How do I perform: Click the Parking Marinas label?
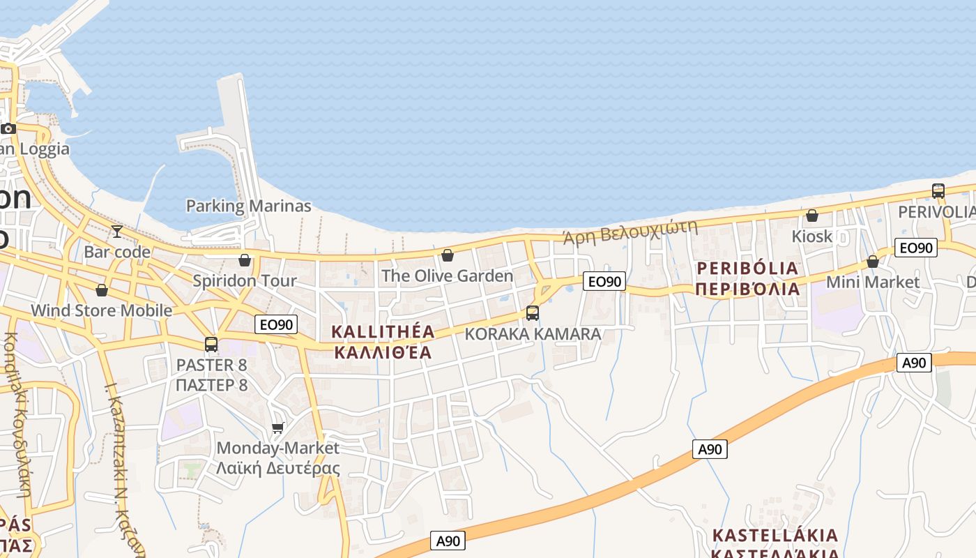pos(248,206)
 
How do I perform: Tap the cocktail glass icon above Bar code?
pos(116,231)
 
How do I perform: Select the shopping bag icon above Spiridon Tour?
pos(245,260)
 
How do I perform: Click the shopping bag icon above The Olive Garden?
pos(448,255)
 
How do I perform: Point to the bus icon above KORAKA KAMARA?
pos(533,313)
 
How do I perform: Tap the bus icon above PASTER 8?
pos(211,344)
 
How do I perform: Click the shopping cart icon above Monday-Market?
pos(278,427)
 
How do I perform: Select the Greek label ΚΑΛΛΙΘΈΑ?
pos(383,352)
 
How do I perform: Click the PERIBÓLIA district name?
pos(747,268)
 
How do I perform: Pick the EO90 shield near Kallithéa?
pos(276,324)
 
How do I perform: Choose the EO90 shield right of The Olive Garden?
pos(604,281)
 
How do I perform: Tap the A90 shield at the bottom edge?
pos(448,541)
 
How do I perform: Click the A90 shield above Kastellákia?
pos(710,449)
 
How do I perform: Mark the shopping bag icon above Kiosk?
pos(812,216)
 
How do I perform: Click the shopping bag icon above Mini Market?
pos(873,262)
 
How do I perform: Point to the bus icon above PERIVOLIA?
pos(938,190)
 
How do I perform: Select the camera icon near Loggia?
pos(8,128)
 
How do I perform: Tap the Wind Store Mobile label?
pos(101,310)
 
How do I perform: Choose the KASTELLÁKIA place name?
pos(775,536)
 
